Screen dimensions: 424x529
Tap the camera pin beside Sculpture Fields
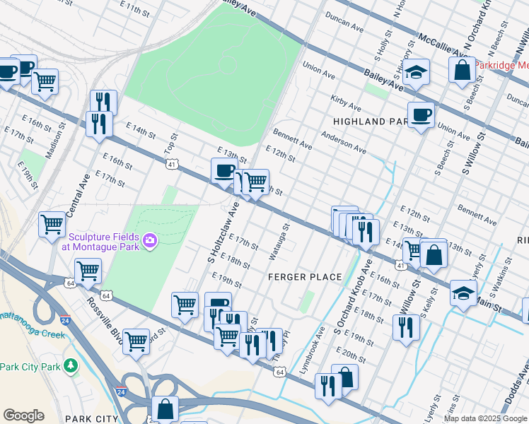click(149, 242)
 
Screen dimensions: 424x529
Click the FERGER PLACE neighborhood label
click(305, 277)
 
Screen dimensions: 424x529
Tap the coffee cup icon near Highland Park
click(421, 114)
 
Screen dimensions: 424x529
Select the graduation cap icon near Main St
click(463, 293)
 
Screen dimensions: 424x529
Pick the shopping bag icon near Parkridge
click(462, 70)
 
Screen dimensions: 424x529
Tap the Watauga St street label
click(280, 242)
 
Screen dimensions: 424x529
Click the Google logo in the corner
click(23, 416)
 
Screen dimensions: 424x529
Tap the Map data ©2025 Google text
click(484, 418)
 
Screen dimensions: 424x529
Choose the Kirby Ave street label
click(346, 105)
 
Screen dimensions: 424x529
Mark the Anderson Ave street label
click(343, 141)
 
